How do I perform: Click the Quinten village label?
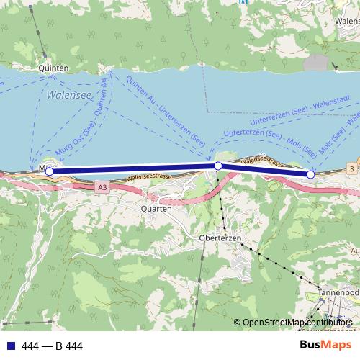tap(54, 68)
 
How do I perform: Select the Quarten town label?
tap(156, 208)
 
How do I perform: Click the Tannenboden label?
tap(338, 293)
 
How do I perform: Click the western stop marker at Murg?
tap(49, 171)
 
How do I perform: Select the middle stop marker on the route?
tap(218, 166)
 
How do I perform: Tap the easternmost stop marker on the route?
tap(311, 174)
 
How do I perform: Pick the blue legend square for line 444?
tap(11, 346)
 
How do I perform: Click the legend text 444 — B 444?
tap(53, 346)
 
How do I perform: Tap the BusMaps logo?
tap(325, 345)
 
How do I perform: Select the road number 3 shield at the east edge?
tap(351, 168)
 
